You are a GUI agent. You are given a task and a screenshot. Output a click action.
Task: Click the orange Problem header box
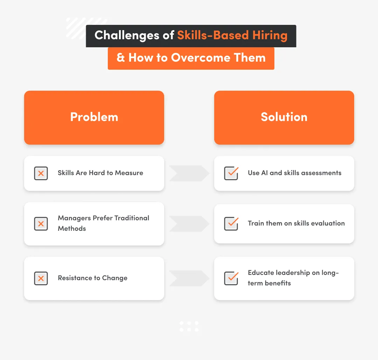[x=94, y=117]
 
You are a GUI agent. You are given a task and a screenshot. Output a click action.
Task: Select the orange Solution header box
[x=284, y=117]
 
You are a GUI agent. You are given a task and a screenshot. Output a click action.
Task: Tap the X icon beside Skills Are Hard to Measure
[x=41, y=173]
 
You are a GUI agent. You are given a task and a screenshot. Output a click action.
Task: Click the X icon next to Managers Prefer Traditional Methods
[x=41, y=223]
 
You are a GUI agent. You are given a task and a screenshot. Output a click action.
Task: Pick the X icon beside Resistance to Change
[x=41, y=278]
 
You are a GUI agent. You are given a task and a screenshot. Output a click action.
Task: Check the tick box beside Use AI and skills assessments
[x=231, y=173]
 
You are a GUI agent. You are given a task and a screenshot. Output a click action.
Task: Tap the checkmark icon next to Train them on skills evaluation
[x=231, y=223]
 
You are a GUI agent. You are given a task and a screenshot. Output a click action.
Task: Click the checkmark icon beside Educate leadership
[x=231, y=278]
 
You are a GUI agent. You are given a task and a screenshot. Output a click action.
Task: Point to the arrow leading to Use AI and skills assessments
[x=189, y=173]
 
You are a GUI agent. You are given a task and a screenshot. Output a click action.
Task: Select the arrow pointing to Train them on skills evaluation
[x=189, y=224]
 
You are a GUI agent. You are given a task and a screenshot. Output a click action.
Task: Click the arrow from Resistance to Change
[x=189, y=278]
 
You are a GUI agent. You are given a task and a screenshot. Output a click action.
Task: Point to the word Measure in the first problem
[x=129, y=173]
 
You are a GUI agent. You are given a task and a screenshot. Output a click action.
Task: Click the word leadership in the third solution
[x=307, y=273]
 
